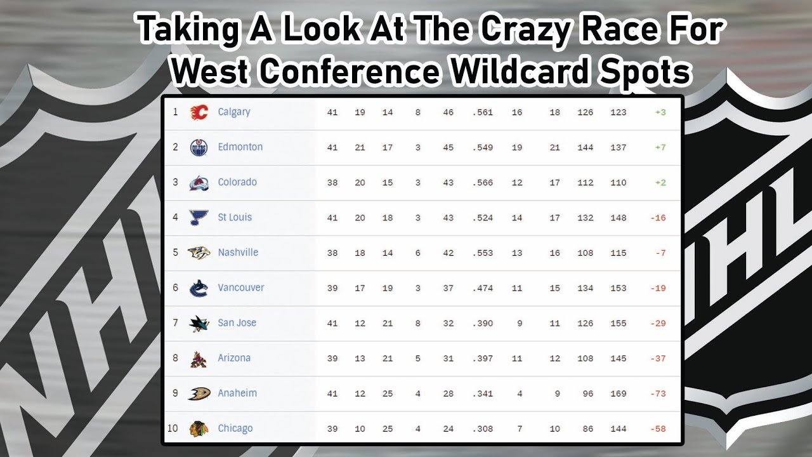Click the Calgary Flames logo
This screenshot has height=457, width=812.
point(199,112)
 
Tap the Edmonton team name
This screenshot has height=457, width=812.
point(240,147)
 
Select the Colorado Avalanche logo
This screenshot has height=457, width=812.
point(199,183)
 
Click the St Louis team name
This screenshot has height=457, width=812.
point(235,217)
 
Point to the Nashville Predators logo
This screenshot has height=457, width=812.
point(199,253)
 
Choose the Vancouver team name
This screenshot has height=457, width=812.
point(240,288)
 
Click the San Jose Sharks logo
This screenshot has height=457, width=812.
point(199,323)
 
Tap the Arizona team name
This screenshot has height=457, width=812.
point(234,358)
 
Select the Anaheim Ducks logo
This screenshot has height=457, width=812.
point(199,394)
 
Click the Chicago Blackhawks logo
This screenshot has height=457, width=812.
point(199,429)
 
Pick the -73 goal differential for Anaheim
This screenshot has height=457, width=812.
point(658,394)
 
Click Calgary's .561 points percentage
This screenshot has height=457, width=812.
point(483,112)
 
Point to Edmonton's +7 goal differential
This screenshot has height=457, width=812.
point(660,147)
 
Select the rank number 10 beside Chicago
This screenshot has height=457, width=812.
point(173,428)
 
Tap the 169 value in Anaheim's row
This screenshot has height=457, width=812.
point(618,394)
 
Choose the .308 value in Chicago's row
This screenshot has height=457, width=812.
point(483,428)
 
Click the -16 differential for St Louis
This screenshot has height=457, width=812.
point(658,218)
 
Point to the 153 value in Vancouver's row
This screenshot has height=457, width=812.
point(618,288)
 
